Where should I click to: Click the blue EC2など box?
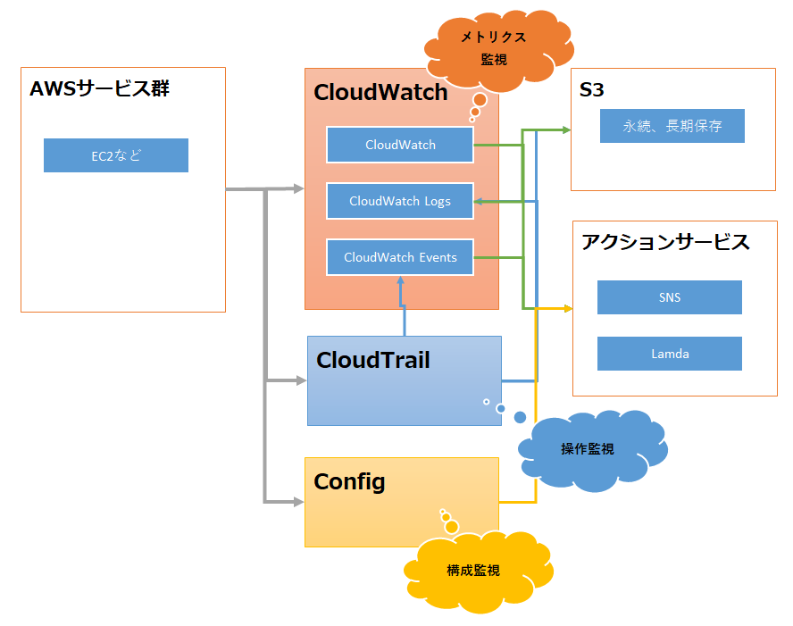(116, 155)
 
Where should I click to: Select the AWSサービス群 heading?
(99, 89)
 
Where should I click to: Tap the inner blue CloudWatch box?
(400, 145)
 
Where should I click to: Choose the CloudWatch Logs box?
(400, 201)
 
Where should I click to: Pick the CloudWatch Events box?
(400, 257)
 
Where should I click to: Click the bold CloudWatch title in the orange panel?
(380, 92)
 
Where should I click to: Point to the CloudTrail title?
(373, 360)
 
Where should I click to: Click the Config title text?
(349, 482)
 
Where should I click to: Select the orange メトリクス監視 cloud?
(493, 48)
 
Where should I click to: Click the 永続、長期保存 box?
(672, 126)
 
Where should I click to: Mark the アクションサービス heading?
(665, 242)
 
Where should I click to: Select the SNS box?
(670, 297)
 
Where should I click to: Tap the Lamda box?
(670, 354)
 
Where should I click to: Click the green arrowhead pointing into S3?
(565, 130)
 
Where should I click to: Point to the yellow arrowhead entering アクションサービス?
(566, 309)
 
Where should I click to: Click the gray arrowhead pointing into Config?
(298, 501)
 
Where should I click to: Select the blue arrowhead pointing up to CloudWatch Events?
(401, 281)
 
